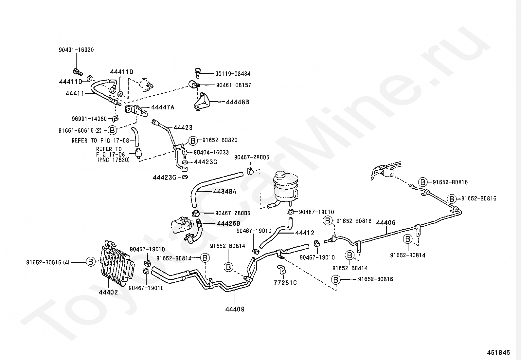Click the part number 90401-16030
point(76,50)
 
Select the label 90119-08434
point(233,74)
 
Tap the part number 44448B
point(237,102)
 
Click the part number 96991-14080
point(89,119)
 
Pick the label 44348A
point(225,191)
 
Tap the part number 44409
point(235,309)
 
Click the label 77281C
point(285,283)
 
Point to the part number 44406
point(386,223)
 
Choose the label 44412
point(304,233)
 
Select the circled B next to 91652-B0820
point(193,141)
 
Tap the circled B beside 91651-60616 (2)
point(112,130)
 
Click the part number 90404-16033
point(211,152)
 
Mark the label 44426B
point(228,224)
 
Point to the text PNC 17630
point(114,160)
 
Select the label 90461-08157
point(233,85)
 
